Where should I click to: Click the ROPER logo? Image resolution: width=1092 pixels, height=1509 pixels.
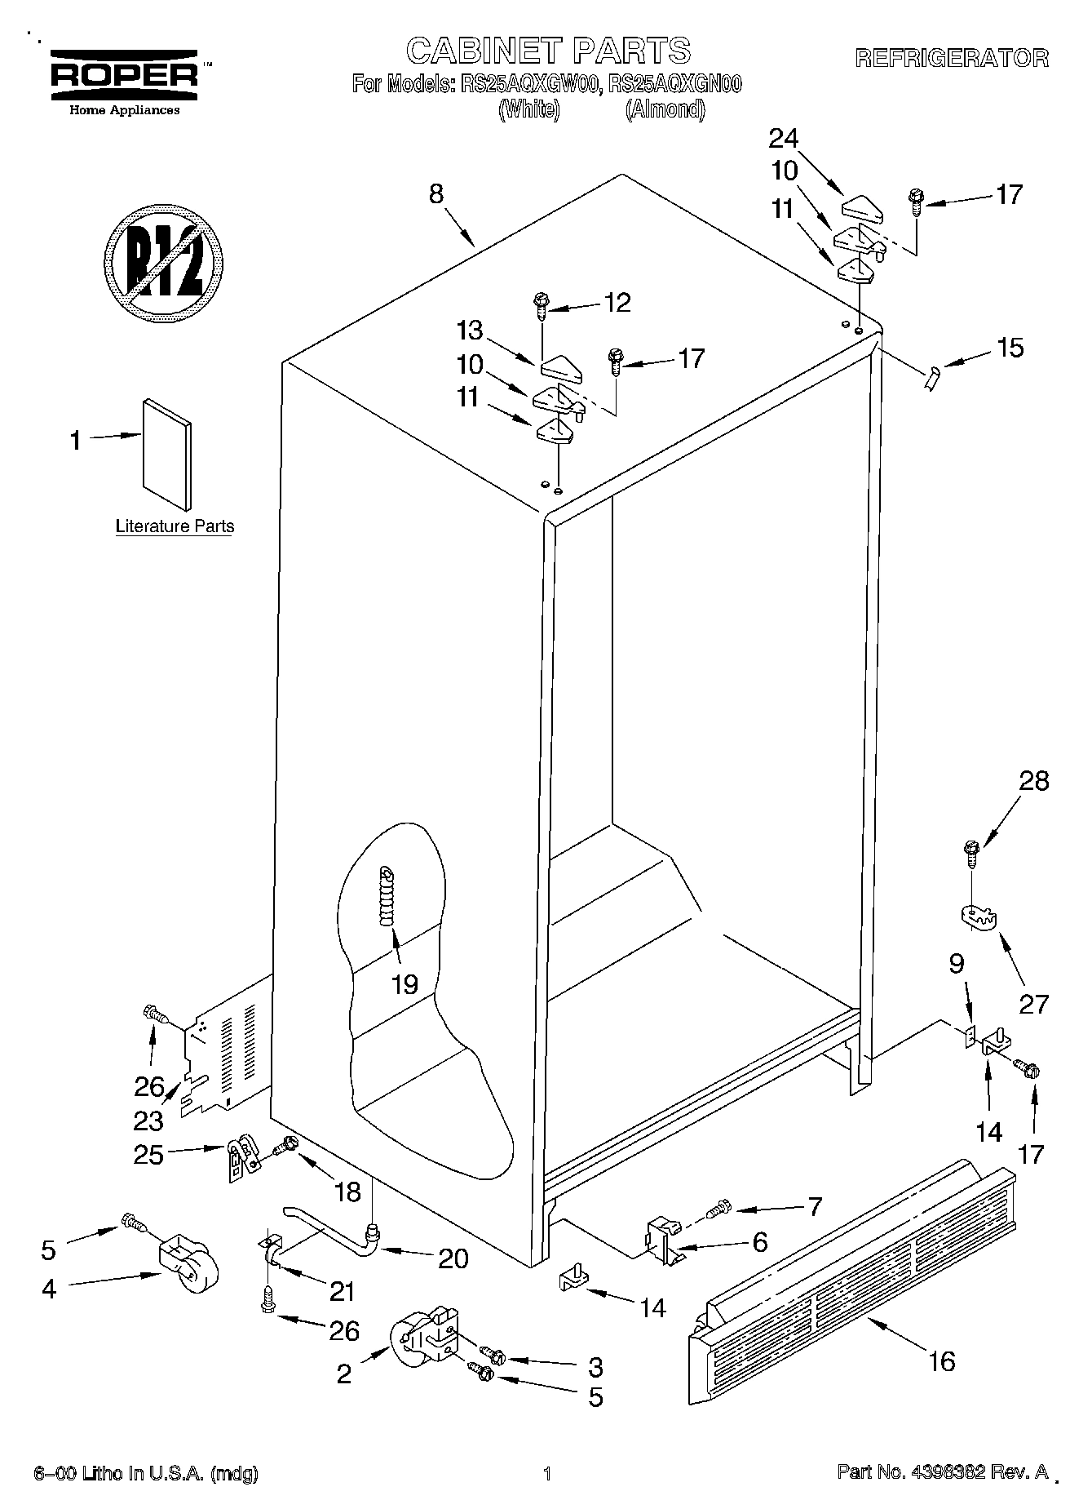125,75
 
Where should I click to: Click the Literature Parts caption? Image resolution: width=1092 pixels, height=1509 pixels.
175,526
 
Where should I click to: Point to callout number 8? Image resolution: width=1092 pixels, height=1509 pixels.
436,194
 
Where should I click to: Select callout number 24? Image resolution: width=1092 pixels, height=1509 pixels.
783,139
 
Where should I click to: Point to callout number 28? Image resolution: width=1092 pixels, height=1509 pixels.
1033,781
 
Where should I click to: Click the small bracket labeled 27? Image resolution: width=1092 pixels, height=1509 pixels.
978,916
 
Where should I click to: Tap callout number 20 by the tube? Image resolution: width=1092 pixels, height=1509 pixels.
453,1258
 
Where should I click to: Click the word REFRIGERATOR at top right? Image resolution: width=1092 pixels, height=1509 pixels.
951,59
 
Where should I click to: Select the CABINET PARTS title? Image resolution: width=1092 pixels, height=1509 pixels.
548,51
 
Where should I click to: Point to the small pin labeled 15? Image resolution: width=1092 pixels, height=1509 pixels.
932,377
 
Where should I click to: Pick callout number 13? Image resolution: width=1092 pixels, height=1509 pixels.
470,331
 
